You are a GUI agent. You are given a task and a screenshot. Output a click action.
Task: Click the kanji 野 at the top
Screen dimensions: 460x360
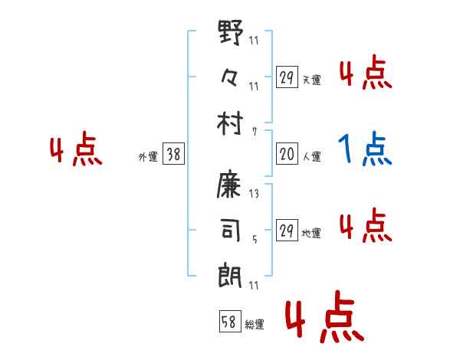[231, 33]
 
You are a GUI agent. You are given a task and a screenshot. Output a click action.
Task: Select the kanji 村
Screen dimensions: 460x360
[231, 122]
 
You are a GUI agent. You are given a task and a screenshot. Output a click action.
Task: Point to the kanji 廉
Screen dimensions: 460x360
[231, 184]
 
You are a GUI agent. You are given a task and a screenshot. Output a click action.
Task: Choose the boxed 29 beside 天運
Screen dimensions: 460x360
[287, 77]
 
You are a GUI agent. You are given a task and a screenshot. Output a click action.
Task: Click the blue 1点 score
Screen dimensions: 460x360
[366, 149]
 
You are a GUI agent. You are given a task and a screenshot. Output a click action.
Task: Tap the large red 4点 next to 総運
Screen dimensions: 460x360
[323, 319]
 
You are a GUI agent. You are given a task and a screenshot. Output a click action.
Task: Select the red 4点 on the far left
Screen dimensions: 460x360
[75, 151]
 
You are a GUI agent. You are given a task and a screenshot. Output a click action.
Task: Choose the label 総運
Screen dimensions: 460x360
[254, 324]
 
